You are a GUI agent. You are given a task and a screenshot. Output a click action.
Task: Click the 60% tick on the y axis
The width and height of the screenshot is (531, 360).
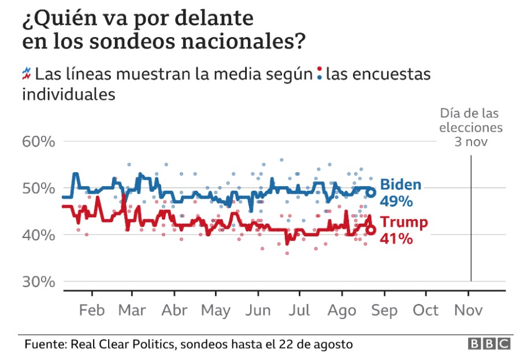coord(38,141)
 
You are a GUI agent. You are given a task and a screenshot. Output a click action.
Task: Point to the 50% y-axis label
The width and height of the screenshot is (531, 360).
coord(38,188)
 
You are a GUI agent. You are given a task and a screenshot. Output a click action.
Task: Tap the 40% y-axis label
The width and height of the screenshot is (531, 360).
coord(38,235)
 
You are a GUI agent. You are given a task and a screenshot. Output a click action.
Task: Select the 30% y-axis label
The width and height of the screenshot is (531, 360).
coord(38,282)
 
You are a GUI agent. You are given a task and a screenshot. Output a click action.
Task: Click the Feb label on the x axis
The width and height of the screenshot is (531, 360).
coord(91,310)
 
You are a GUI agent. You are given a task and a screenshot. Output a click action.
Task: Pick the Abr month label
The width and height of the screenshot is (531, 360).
coord(174,310)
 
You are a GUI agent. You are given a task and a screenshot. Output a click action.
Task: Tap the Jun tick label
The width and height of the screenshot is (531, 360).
coord(258,310)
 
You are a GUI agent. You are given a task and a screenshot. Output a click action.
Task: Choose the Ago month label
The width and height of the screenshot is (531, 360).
coord(341,310)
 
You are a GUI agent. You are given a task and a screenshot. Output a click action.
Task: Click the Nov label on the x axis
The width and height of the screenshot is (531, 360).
coord(469,310)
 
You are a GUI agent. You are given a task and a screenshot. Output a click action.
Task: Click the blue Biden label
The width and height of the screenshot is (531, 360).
coord(400,185)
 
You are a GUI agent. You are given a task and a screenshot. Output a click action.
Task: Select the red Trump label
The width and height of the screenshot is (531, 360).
coord(404,222)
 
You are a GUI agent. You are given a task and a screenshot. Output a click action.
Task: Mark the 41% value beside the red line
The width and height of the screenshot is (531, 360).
coord(396,237)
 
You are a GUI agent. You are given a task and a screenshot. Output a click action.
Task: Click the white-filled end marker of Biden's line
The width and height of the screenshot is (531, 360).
coord(372,192)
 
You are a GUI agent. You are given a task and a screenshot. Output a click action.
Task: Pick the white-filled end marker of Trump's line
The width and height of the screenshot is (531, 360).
coord(371,230)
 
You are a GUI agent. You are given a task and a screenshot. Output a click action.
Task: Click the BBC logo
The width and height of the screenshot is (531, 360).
coord(489,344)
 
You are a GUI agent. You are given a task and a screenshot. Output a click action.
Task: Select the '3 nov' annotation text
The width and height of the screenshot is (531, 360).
coord(471,140)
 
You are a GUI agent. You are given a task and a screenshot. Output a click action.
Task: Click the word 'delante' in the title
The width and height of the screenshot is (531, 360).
coord(210,19)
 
